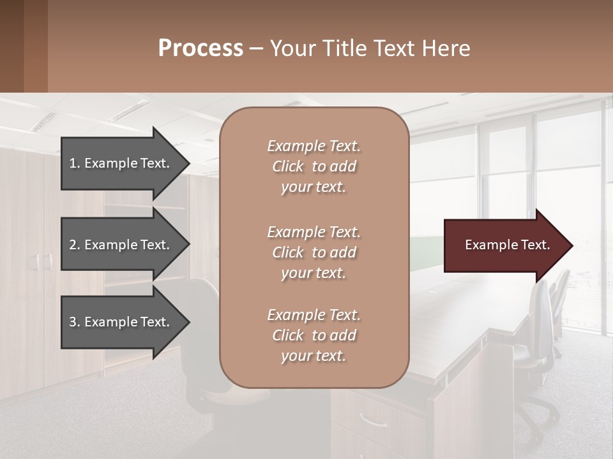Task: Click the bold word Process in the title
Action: point(201,48)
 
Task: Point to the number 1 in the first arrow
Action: point(73,163)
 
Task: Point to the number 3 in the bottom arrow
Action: point(73,322)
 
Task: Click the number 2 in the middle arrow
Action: point(73,245)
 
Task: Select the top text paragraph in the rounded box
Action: point(314,166)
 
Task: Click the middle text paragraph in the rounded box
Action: point(314,252)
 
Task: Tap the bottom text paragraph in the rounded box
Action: point(314,335)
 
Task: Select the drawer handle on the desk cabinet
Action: point(374,421)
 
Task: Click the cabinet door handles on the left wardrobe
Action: point(43,261)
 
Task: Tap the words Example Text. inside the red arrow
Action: point(507,245)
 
